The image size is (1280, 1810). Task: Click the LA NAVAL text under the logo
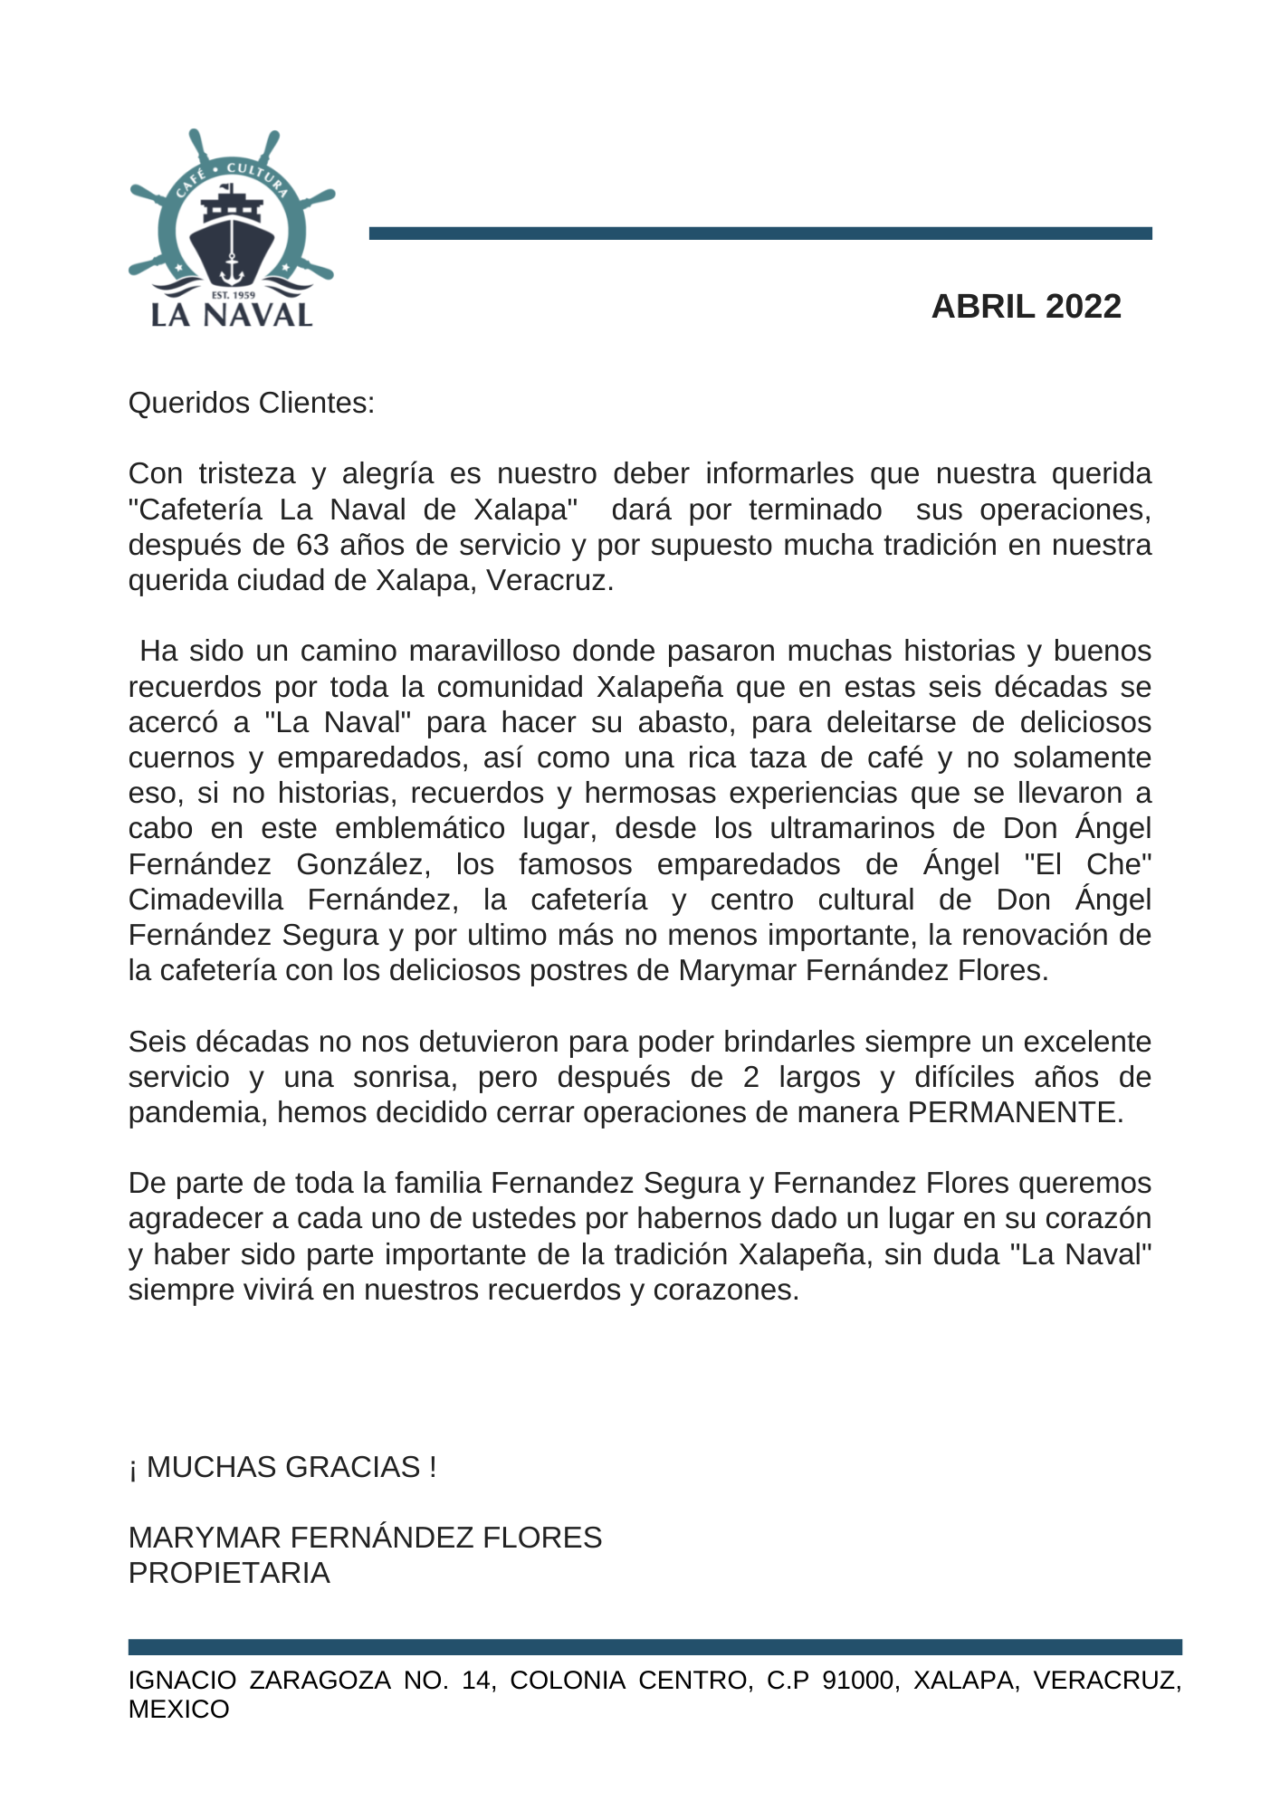[x=232, y=315]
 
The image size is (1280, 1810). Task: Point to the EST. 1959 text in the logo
[x=233, y=295]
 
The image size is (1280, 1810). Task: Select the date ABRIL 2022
[x=1026, y=307]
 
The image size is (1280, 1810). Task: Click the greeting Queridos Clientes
[x=252, y=403]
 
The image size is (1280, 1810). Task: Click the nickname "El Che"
[x=1088, y=864]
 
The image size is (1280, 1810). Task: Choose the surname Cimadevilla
[x=205, y=900]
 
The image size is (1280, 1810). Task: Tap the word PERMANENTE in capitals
[x=1015, y=1112]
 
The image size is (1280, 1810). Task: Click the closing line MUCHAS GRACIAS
[x=282, y=1467]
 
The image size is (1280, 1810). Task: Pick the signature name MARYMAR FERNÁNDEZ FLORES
[x=365, y=1538]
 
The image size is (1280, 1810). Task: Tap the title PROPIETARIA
[x=229, y=1573]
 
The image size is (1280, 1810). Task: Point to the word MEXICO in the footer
[x=179, y=1710]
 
